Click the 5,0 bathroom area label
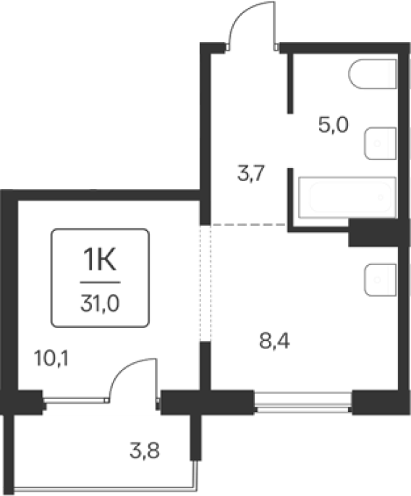click(334, 125)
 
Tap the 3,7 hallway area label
click(250, 173)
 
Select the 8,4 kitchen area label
click(274, 341)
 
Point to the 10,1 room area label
click(51, 358)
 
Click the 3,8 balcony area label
click(145, 450)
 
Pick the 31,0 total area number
click(100, 303)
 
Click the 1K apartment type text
click(100, 259)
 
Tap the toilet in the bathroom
click(373, 74)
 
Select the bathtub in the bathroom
click(347, 198)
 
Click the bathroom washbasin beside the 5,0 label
click(380, 143)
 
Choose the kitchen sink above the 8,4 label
click(380, 280)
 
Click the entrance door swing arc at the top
click(240, 16)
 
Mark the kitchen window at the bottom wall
click(303, 403)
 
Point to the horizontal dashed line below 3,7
click(248, 224)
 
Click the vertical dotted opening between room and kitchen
click(205, 283)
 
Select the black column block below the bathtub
click(378, 232)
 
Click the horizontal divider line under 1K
click(100, 282)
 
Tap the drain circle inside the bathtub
click(381, 198)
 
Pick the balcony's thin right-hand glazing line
click(197, 476)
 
